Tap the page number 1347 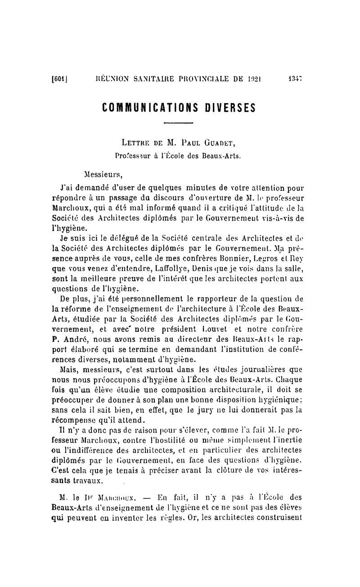point(295,79)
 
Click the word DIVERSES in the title point(229,108)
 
